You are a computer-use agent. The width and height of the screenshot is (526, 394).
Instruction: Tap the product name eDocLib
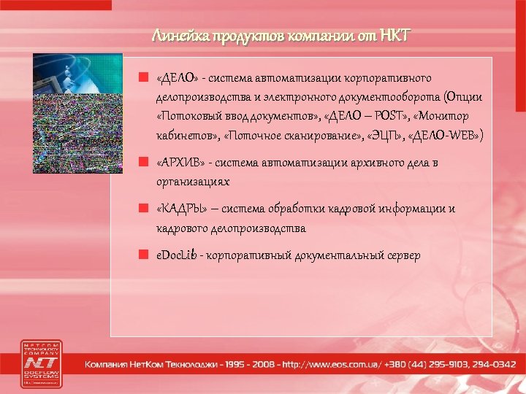pos(176,255)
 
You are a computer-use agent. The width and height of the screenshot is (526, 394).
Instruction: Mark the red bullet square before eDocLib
pos(146,255)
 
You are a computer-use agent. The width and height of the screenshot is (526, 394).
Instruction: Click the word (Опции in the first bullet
pos(466,97)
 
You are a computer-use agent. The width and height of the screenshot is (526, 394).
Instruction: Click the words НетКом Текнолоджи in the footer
pos(171,363)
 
